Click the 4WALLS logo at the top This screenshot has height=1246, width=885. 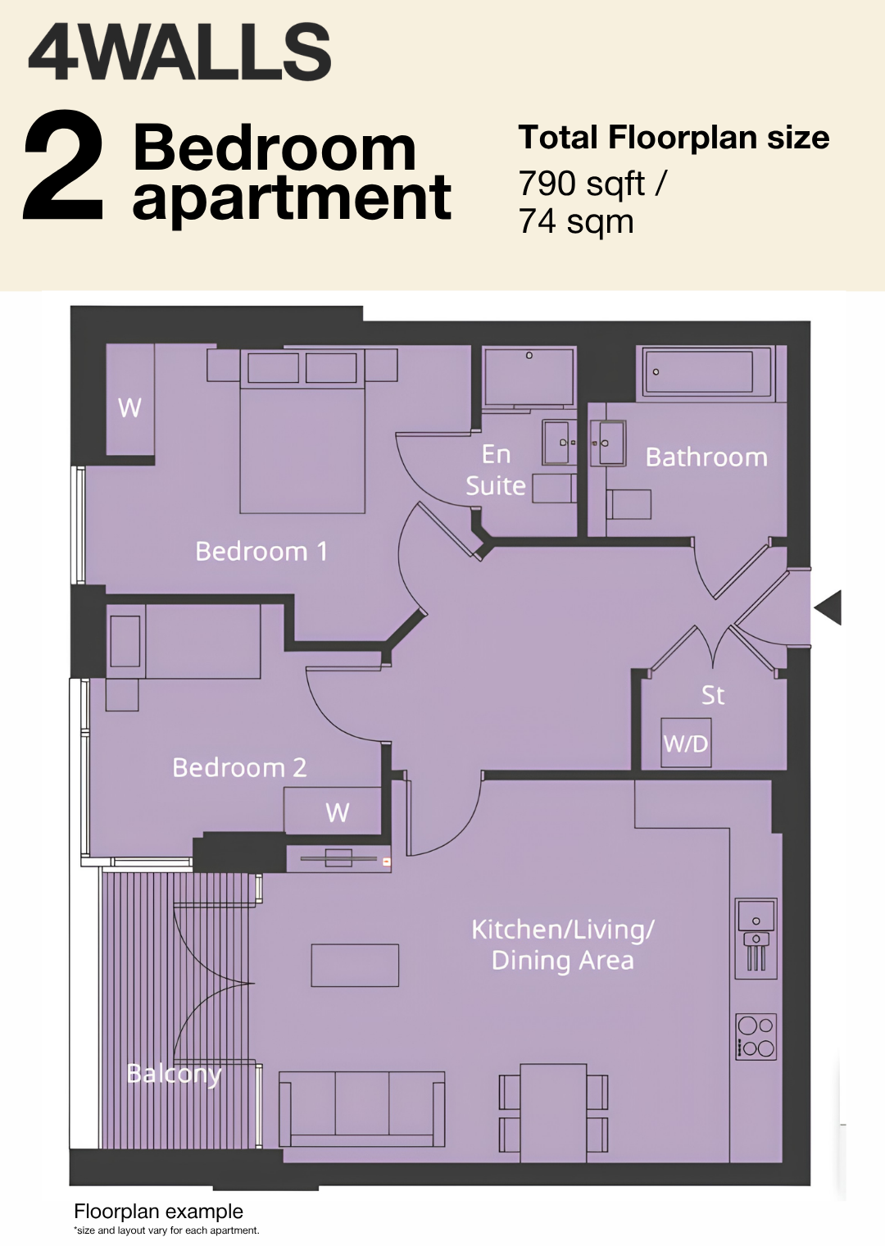[179, 52]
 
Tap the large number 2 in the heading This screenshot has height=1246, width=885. [63, 165]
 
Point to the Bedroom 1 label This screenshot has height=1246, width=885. [261, 551]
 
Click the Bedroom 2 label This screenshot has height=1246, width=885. [239, 767]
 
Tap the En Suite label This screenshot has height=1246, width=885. [496, 470]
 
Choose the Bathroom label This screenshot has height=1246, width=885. [706, 457]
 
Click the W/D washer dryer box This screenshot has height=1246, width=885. [686, 744]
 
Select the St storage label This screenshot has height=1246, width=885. [713, 695]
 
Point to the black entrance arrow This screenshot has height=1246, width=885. [828, 607]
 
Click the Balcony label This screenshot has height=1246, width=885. [174, 1074]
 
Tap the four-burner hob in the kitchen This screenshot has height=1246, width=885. [756, 1037]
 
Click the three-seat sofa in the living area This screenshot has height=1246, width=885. [362, 1109]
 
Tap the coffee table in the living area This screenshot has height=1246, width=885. [355, 965]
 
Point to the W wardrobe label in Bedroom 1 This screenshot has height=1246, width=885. [129, 407]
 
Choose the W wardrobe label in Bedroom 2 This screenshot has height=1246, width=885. [338, 812]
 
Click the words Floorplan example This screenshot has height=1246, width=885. [158, 1211]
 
